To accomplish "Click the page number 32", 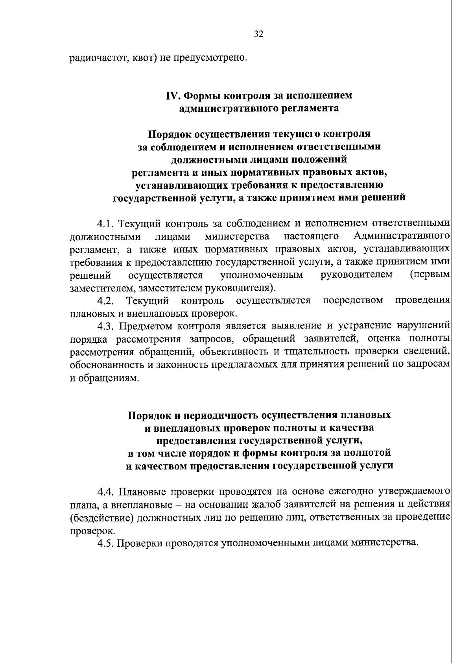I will [x=258, y=34].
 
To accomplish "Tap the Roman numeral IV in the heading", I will [x=172, y=96].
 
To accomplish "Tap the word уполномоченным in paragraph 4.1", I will [x=262, y=275].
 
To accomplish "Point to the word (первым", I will [x=430, y=275].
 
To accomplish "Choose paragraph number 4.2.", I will [x=106, y=301].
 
